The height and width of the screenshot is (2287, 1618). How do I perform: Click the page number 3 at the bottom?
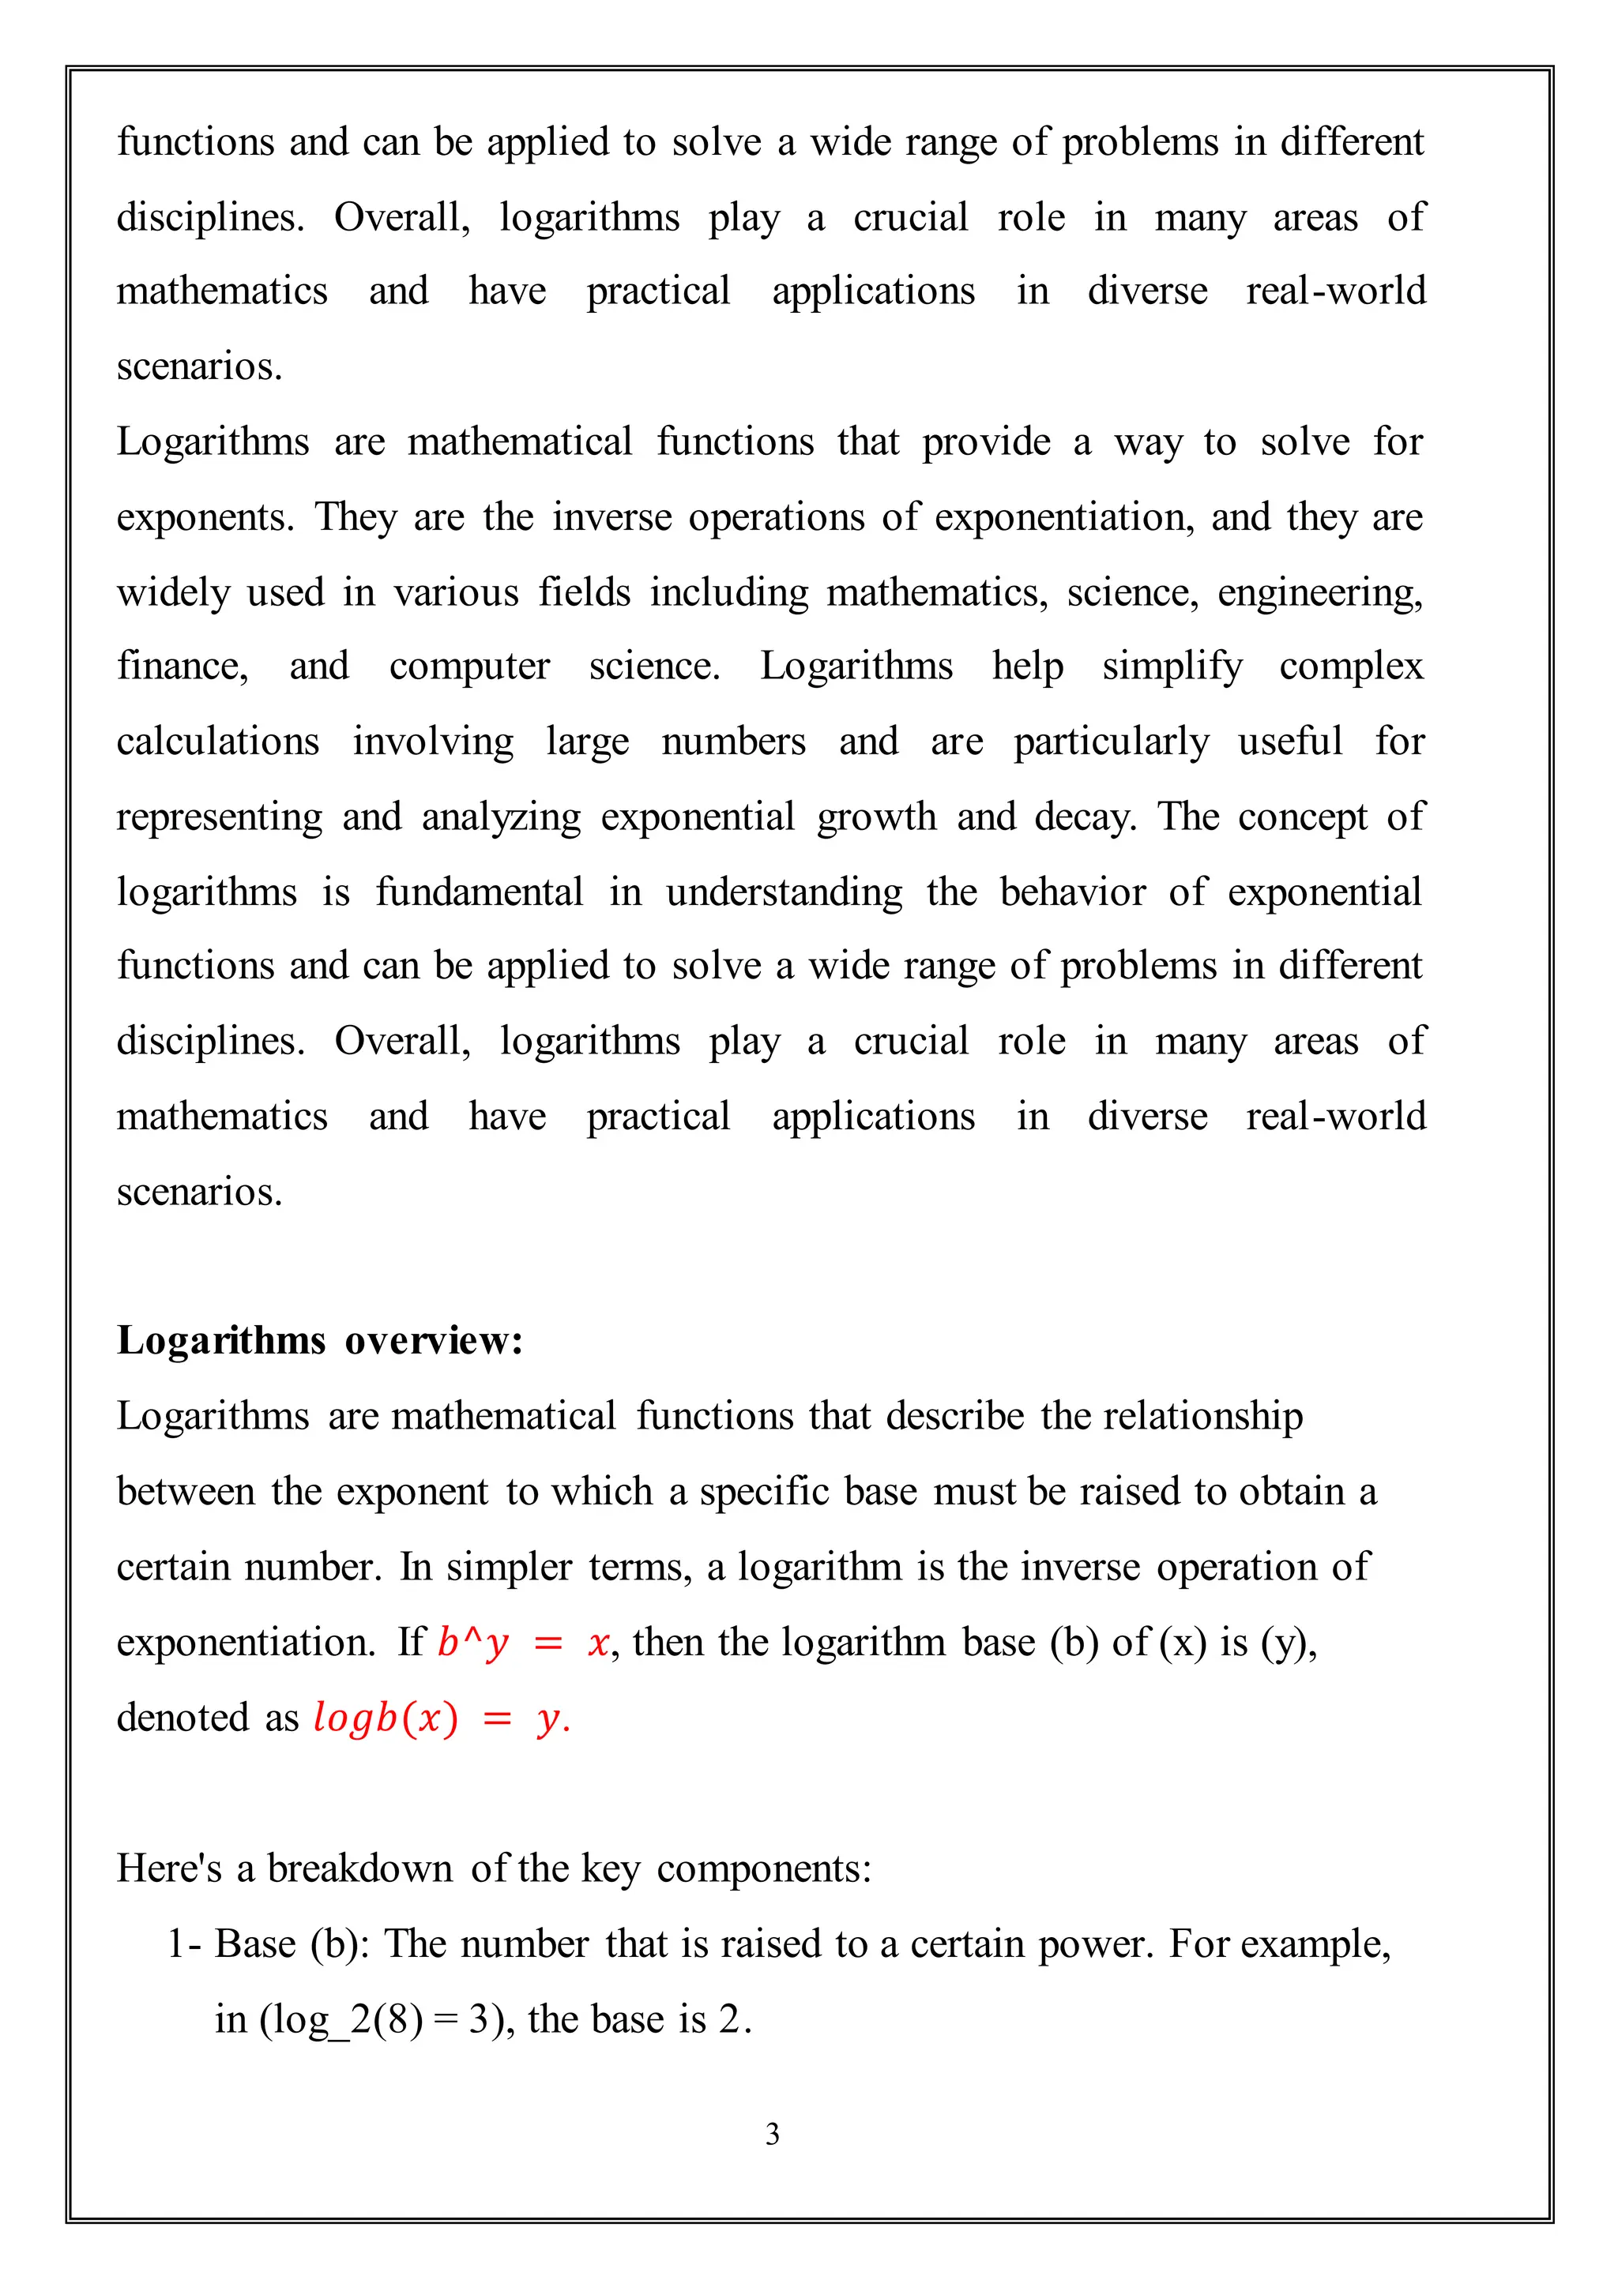772,2135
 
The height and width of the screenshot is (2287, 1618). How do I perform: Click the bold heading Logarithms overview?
320,1341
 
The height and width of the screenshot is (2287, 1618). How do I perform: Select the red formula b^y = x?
523,1643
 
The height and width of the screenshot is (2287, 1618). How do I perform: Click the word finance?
182,667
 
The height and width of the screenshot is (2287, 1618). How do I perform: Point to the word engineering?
1320,592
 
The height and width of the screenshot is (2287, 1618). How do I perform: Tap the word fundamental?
480,892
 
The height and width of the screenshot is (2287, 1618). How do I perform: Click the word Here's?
169,1868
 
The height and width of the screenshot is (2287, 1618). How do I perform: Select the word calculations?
218,742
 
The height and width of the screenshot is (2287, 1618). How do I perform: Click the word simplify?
1172,667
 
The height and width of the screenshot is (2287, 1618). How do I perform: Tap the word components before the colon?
760,1868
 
